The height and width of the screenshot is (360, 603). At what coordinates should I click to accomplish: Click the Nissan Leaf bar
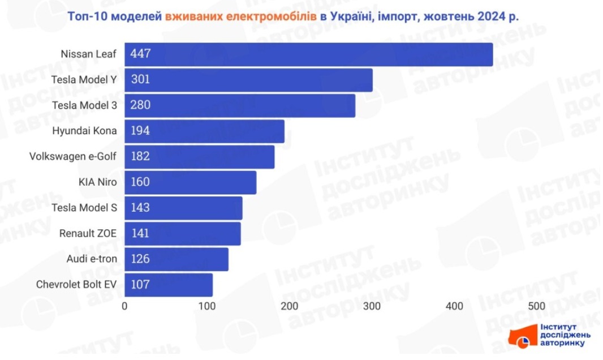pos(308,54)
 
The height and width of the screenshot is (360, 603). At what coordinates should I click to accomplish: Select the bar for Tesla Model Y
pos(248,80)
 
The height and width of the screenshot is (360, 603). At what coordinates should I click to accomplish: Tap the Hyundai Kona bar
pos(204,131)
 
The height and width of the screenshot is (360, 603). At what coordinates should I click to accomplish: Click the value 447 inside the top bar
pos(140,54)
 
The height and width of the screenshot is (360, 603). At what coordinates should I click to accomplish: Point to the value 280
pos(140,105)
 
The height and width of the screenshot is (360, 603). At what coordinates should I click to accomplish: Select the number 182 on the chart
pos(140,157)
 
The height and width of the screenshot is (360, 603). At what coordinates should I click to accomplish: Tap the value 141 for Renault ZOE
pos(140,233)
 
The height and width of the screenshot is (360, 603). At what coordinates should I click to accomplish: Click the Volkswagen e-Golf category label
pos(73,157)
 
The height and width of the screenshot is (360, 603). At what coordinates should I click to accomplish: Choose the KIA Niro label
pos(98,182)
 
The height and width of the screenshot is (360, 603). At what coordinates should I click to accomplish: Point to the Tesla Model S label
pos(84,208)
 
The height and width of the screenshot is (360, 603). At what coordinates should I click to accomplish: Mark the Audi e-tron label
pos(92,259)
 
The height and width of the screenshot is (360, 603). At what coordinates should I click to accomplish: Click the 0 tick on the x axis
pos(124,306)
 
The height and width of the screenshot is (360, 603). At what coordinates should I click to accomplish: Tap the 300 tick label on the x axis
pos(372,306)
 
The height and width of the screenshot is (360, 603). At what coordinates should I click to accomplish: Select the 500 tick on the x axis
pos(537,306)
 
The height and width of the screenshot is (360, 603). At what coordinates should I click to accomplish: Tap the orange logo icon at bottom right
pos(523,337)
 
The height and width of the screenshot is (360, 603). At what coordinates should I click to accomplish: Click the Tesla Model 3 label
pos(84,105)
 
